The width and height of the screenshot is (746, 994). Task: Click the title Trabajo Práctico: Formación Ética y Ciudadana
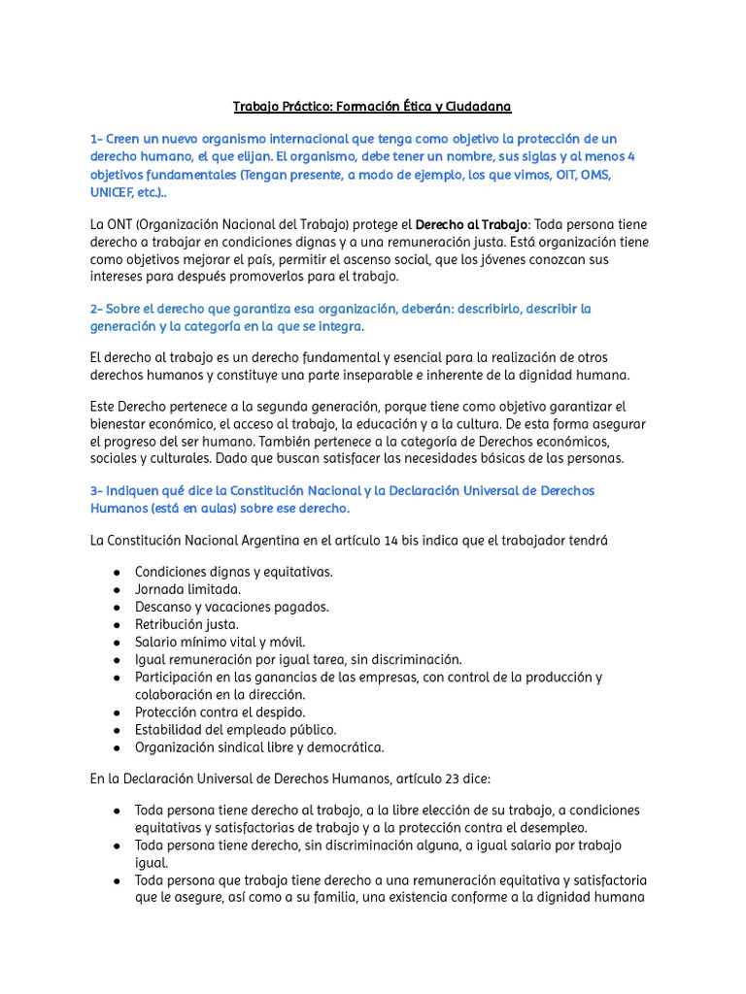[x=372, y=105]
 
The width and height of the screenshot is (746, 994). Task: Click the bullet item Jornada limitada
[x=188, y=589]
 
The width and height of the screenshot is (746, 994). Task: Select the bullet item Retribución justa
[x=186, y=624]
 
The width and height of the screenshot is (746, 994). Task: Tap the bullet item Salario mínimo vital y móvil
[x=220, y=642]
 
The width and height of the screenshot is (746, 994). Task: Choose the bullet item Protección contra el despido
[x=220, y=712]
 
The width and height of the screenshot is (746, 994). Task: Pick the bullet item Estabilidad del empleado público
[x=236, y=729]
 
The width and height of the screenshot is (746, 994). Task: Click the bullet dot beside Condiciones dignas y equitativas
[x=117, y=572]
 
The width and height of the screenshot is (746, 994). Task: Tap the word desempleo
[x=550, y=828]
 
